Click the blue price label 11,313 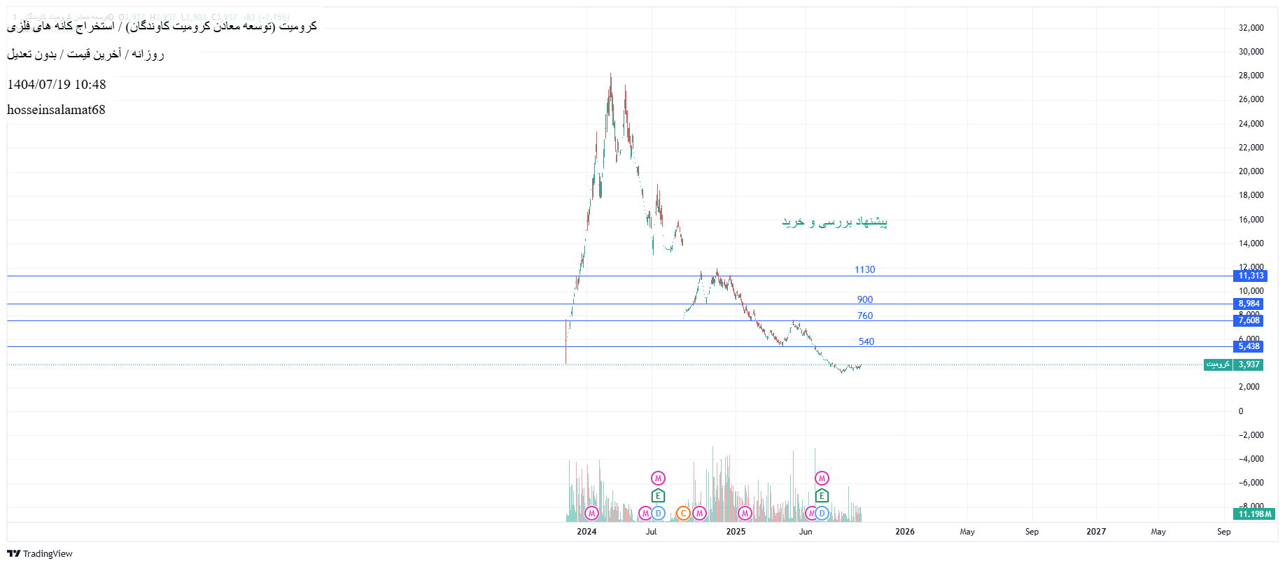(x=1250, y=276)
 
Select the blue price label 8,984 (x=1249, y=304)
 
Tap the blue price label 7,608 (x=1249, y=320)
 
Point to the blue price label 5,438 (x=1249, y=346)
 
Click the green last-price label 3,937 (x=1249, y=365)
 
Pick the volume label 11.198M (x=1254, y=514)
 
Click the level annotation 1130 (x=864, y=269)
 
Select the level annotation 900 (x=865, y=299)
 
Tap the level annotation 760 (x=865, y=316)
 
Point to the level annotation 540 (x=866, y=341)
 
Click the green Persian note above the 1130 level (x=834, y=222)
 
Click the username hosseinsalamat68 (x=56, y=110)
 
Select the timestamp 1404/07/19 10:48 (x=57, y=85)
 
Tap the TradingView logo (x=40, y=553)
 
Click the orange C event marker (x=683, y=514)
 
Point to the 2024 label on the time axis (x=587, y=532)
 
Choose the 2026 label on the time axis (x=904, y=532)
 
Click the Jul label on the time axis (x=651, y=532)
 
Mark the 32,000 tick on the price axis (x=1251, y=28)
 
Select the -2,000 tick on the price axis (x=1251, y=435)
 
